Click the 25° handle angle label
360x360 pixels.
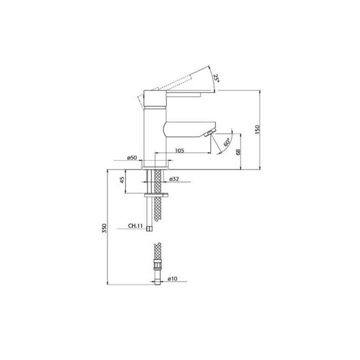[216, 79]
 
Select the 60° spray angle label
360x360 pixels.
[226, 142]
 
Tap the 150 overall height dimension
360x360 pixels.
[258, 130]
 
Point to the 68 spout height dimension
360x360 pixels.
[238, 152]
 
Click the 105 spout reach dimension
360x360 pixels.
[179, 151]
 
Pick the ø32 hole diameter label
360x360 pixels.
[175, 179]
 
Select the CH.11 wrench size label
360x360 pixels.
[136, 226]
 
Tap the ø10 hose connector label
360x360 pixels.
[172, 279]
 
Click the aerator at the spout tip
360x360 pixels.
[209, 132]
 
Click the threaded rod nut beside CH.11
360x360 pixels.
[151, 228]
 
